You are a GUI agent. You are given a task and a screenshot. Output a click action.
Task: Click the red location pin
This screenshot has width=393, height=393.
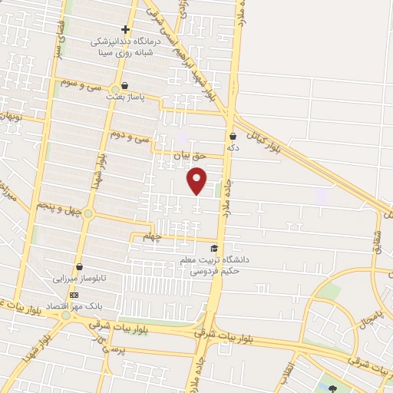point(197,180)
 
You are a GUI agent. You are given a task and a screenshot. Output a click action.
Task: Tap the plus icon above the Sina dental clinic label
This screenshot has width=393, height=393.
point(125,29)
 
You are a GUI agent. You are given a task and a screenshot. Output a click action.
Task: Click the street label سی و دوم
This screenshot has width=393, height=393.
point(128,138)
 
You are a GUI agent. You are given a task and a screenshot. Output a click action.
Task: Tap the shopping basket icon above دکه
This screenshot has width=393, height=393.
point(232,136)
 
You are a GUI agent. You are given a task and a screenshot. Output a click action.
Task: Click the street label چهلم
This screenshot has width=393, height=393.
point(154,237)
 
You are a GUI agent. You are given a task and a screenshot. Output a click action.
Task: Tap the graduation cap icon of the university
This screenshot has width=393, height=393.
point(213,248)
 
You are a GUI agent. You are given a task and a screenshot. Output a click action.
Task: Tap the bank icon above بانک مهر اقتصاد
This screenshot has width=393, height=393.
point(74,295)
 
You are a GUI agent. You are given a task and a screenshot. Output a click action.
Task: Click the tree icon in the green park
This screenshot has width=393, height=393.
point(332,388)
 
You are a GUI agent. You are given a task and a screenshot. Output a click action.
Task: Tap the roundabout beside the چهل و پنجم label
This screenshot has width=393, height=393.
point(88,213)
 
